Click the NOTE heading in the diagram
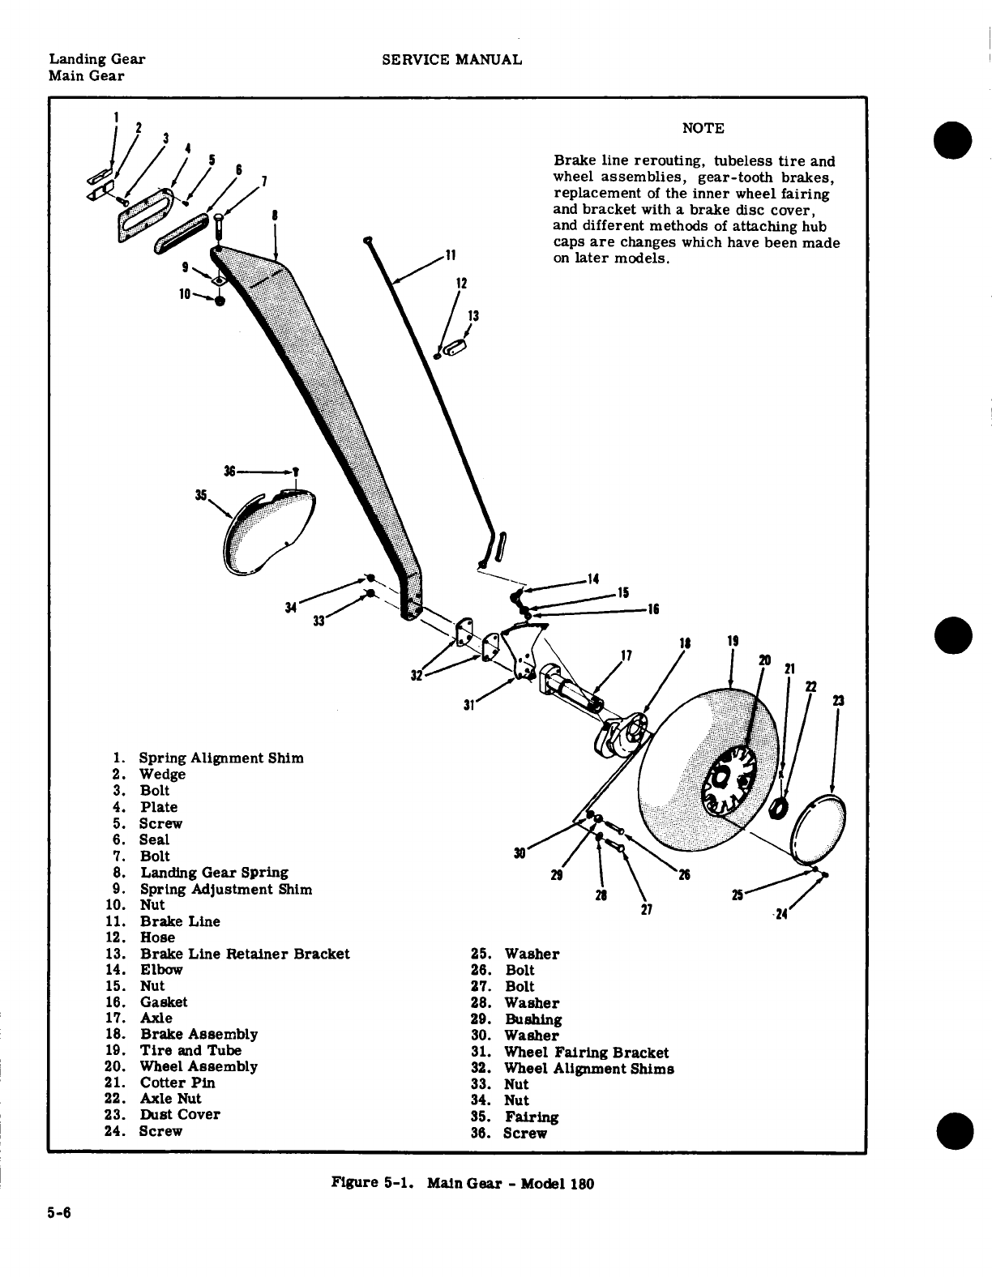[703, 128]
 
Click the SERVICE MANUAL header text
[451, 59]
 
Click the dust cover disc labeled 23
[819, 830]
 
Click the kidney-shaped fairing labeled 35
[263, 531]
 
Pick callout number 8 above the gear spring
[276, 216]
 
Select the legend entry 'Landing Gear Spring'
[214, 873]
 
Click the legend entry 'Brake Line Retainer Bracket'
[245, 954]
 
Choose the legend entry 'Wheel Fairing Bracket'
[586, 1053]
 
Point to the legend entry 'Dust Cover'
[179, 1114]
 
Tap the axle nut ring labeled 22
[780, 808]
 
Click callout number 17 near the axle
[625, 655]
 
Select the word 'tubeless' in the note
[740, 161]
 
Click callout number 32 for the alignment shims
[417, 674]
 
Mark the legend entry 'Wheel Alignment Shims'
[589, 1069]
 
